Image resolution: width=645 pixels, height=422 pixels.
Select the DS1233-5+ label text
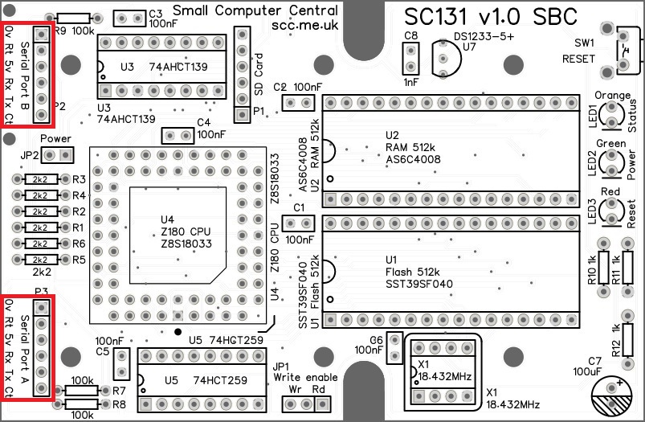484,36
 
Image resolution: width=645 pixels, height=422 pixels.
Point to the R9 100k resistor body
74,18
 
